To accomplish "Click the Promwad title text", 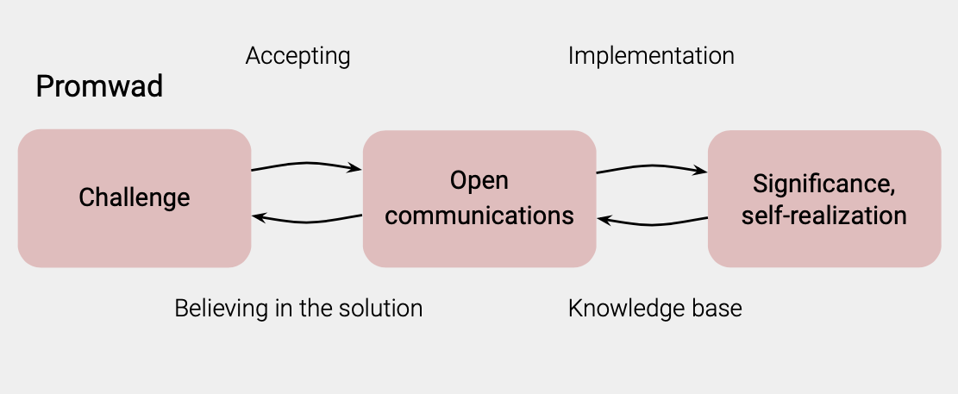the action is [x=99, y=86].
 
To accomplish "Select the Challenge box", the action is [x=135, y=198].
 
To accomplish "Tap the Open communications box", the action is [x=479, y=198].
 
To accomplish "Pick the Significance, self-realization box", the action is [x=824, y=198].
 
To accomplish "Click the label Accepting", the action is [x=297, y=56].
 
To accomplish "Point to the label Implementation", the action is [x=651, y=55].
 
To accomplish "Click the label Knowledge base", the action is [x=655, y=308].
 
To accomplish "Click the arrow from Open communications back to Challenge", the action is [x=307, y=221].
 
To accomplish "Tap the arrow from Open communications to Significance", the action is [x=652, y=166].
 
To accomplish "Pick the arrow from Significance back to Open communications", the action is [x=652, y=223].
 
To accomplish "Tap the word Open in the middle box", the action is [x=479, y=181].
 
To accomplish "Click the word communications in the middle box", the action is [x=479, y=216].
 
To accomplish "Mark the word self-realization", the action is [x=823, y=216].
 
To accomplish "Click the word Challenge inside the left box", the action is [x=135, y=198].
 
